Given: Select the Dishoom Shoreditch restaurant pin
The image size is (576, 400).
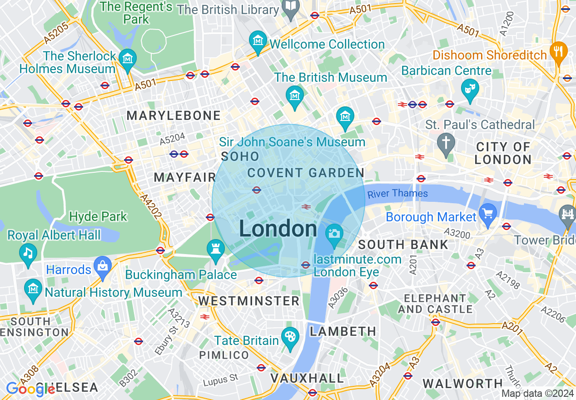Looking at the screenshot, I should click(558, 51).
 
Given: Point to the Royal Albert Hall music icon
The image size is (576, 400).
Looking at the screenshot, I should click(28, 252).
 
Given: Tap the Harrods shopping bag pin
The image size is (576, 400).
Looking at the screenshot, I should click(103, 266).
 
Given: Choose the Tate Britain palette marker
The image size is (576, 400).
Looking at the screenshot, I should click(289, 338).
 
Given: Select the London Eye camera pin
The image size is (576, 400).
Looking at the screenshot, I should click(334, 234).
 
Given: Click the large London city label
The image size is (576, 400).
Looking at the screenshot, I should click(278, 229).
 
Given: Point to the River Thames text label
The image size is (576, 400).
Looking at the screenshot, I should click(397, 194).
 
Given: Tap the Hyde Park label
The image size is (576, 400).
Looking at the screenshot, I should click(98, 216).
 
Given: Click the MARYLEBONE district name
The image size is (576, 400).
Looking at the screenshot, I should click(174, 116).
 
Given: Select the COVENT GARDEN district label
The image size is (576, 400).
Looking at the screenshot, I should click(306, 173).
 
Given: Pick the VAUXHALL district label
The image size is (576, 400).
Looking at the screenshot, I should click(308, 378).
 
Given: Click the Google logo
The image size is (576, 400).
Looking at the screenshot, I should click(30, 389).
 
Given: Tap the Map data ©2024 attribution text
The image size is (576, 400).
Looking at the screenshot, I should click(537, 393).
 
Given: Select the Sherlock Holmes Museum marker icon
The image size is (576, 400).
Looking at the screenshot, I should click(128, 59).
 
